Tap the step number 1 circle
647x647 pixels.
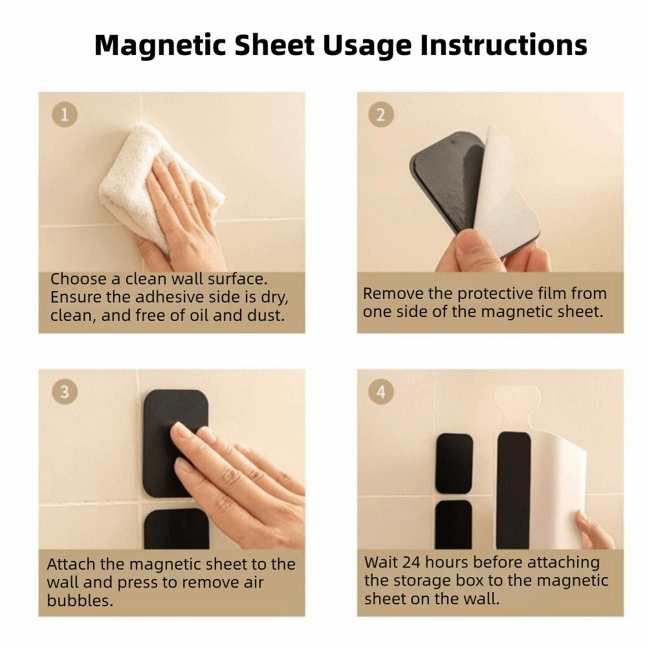(64, 115)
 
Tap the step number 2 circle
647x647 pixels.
(381, 115)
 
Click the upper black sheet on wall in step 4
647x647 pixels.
(454, 463)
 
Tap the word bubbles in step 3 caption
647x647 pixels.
(80, 600)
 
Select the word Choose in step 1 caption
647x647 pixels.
(74, 280)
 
